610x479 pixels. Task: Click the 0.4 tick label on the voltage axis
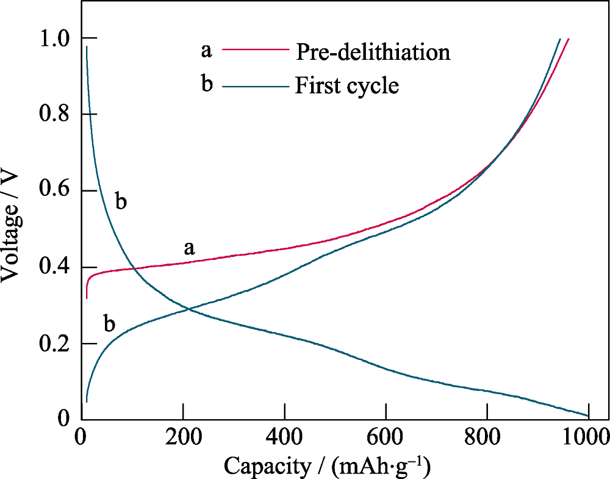click(56, 267)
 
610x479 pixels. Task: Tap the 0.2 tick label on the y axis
click(56, 344)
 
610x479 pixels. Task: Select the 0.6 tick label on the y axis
click(56, 191)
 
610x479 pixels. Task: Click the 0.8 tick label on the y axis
click(56, 115)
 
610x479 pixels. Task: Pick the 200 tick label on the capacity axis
click(182, 437)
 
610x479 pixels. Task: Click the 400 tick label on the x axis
click(284, 437)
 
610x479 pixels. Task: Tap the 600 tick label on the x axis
click(386, 437)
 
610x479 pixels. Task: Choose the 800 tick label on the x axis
click(487, 437)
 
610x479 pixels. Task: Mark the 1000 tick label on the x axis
click(587, 437)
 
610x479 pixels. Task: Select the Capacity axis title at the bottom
click(327, 466)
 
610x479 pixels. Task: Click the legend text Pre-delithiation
click(373, 52)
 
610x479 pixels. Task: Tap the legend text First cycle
click(346, 85)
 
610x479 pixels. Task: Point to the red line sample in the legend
click(254, 49)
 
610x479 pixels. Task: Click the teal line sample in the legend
click(254, 86)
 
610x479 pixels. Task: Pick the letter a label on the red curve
click(190, 247)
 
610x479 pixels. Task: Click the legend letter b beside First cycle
click(207, 84)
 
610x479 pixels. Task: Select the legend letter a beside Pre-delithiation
click(207, 50)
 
